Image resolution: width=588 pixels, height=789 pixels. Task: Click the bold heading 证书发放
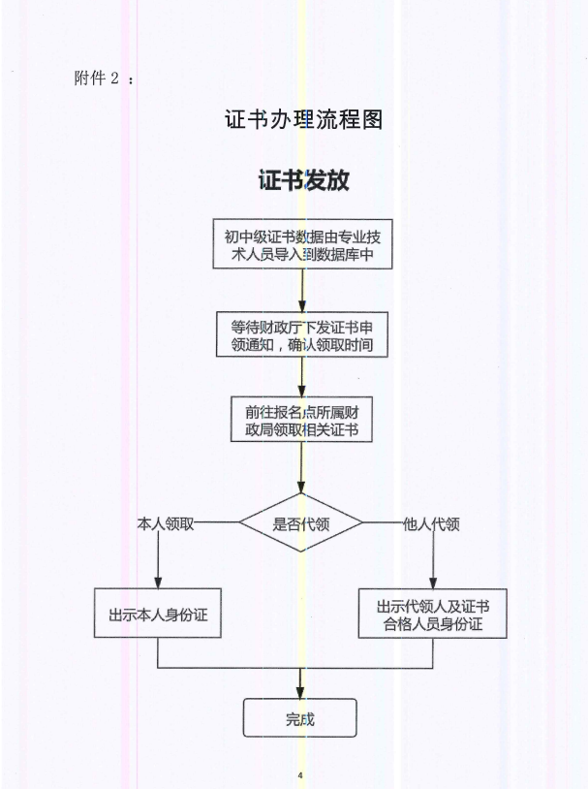[x=303, y=180]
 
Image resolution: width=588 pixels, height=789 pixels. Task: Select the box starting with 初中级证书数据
[x=303, y=243]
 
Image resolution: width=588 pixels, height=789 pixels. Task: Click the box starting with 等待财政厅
[x=303, y=334]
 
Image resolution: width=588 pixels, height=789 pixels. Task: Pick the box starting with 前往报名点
[x=303, y=420]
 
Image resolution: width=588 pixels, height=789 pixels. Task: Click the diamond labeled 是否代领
[x=301, y=524]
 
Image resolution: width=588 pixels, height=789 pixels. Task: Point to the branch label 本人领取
[x=167, y=523]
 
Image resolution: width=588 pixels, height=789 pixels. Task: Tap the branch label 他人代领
[x=431, y=523]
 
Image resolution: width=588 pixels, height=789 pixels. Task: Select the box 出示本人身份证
[x=158, y=614]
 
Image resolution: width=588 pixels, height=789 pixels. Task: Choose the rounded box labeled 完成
[x=300, y=718]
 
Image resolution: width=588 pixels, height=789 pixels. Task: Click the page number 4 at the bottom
[x=300, y=775]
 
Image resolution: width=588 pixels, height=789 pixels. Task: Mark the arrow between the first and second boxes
[x=303, y=289]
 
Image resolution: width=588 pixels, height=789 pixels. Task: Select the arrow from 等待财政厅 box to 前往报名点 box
[x=303, y=377]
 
